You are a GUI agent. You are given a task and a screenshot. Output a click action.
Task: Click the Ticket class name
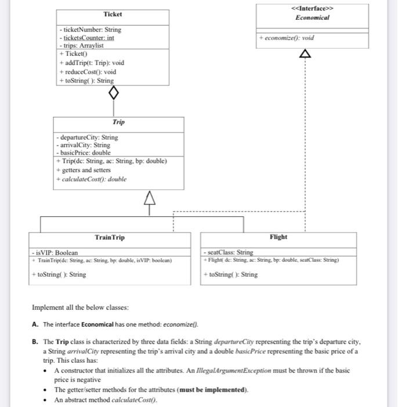pyautogui.click(x=112, y=14)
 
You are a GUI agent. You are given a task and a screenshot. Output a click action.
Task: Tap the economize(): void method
pyautogui.click(x=289, y=38)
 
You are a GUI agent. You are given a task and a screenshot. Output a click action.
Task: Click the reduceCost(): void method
pyautogui.click(x=88, y=72)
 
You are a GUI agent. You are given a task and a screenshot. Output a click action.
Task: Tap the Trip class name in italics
pyautogui.click(x=118, y=123)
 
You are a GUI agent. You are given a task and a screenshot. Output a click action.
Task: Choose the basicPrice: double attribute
pyautogui.click(x=87, y=152)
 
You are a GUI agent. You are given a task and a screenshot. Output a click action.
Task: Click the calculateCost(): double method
pyautogui.click(x=91, y=179)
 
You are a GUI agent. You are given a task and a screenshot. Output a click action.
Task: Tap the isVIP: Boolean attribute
pyautogui.click(x=55, y=253)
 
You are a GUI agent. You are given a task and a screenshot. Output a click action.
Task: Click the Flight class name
pyautogui.click(x=278, y=237)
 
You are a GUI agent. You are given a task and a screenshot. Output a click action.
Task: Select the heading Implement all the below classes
pyautogui.click(x=80, y=308)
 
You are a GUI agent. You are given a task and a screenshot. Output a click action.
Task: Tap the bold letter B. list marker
pyautogui.click(x=35, y=342)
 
